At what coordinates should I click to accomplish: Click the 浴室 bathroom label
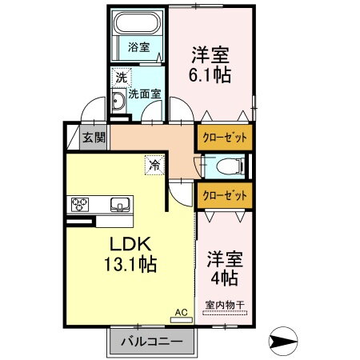click(138, 47)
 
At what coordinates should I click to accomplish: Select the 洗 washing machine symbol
click(120, 78)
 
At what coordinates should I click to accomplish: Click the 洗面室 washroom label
click(146, 93)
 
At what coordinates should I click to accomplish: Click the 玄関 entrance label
click(94, 137)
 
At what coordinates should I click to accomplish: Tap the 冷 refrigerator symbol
click(152, 166)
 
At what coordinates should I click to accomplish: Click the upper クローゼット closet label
click(224, 137)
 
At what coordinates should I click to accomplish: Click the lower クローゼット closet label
click(224, 194)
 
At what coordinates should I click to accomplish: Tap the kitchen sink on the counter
click(120, 205)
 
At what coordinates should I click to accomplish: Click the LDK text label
click(122, 244)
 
